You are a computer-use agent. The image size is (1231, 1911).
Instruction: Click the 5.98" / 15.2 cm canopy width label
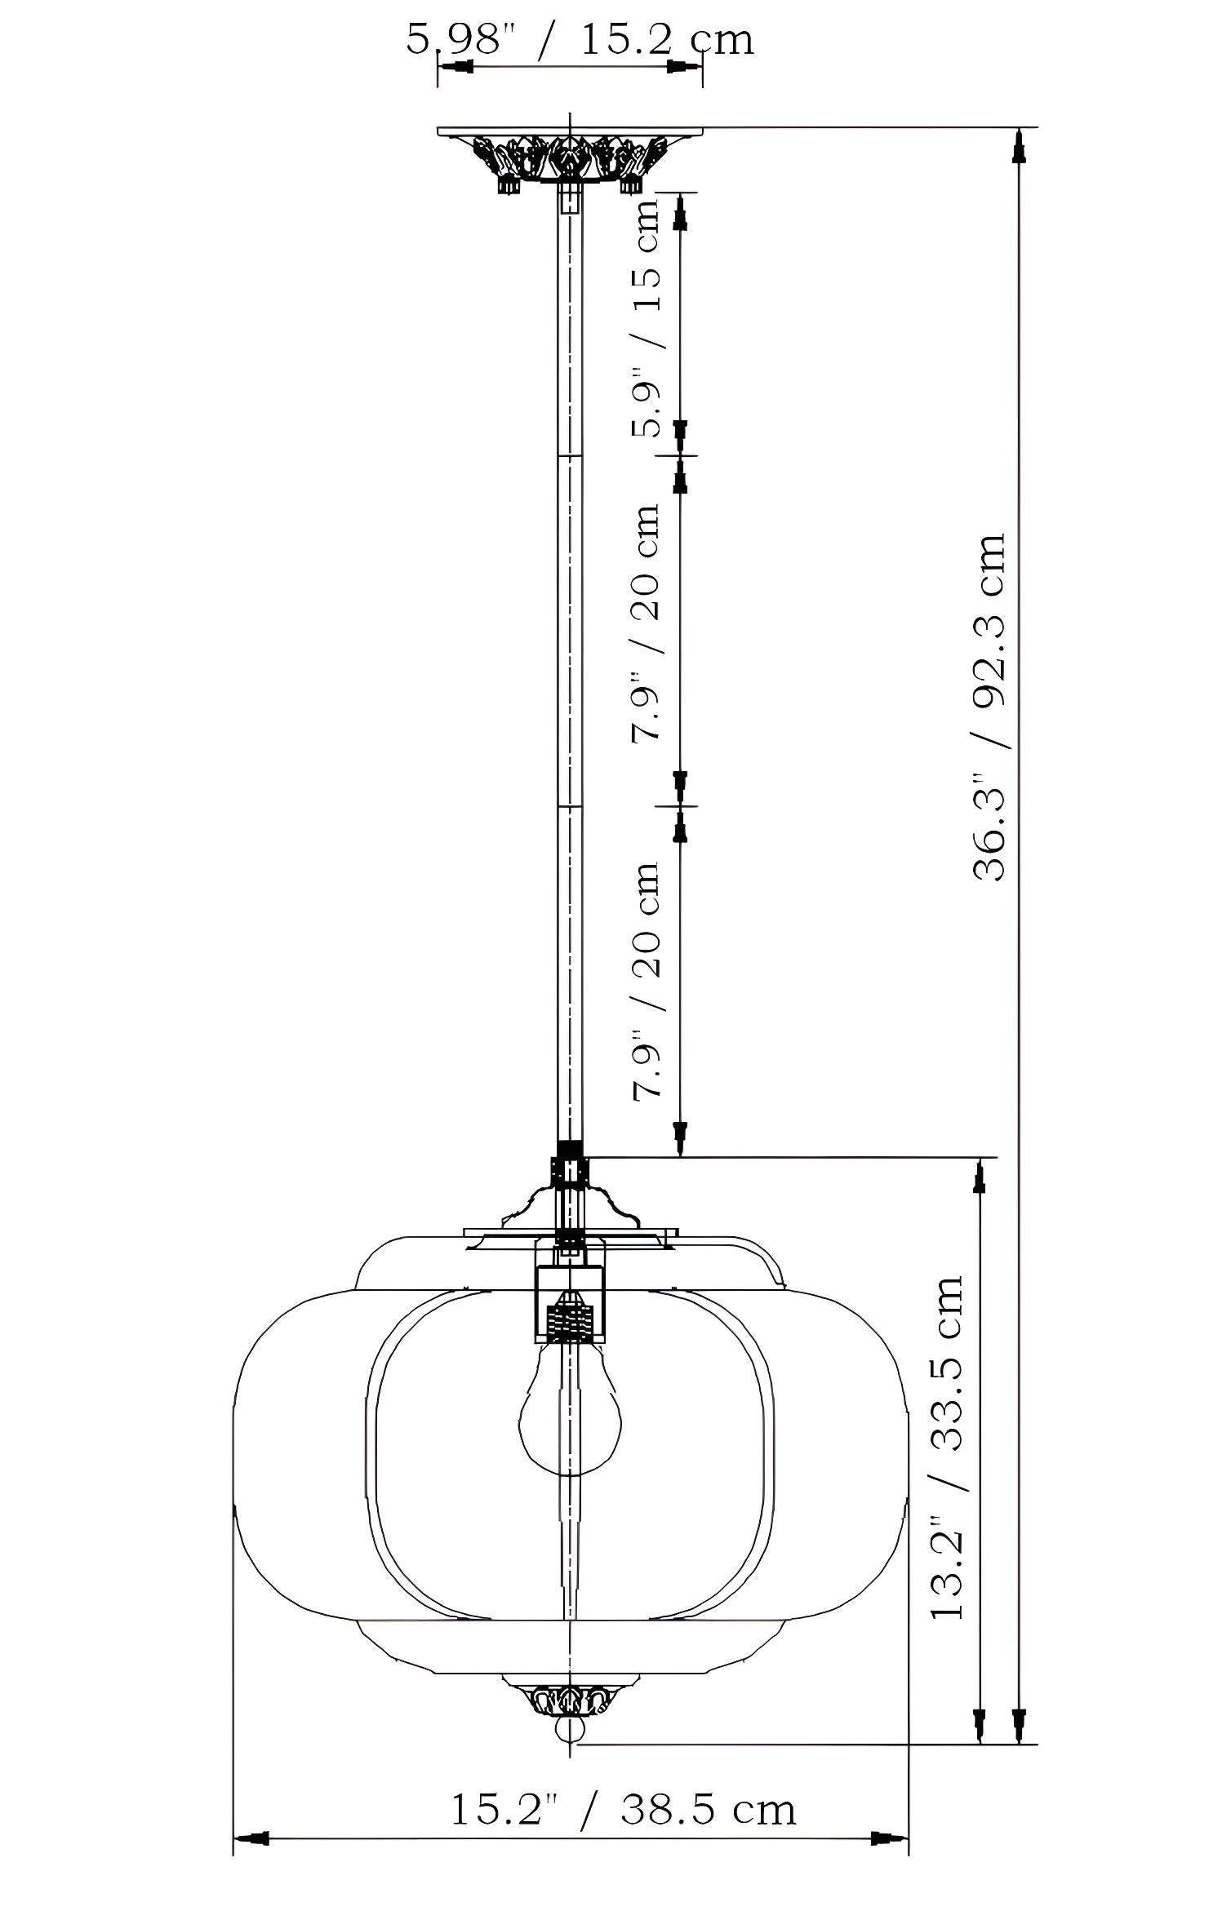tap(580, 39)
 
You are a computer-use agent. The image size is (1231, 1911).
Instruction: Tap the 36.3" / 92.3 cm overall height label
tap(989, 707)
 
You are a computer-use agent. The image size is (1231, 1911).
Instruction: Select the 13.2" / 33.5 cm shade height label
tap(947, 1457)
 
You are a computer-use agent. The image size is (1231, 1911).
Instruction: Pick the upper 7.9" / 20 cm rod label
tap(645, 622)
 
